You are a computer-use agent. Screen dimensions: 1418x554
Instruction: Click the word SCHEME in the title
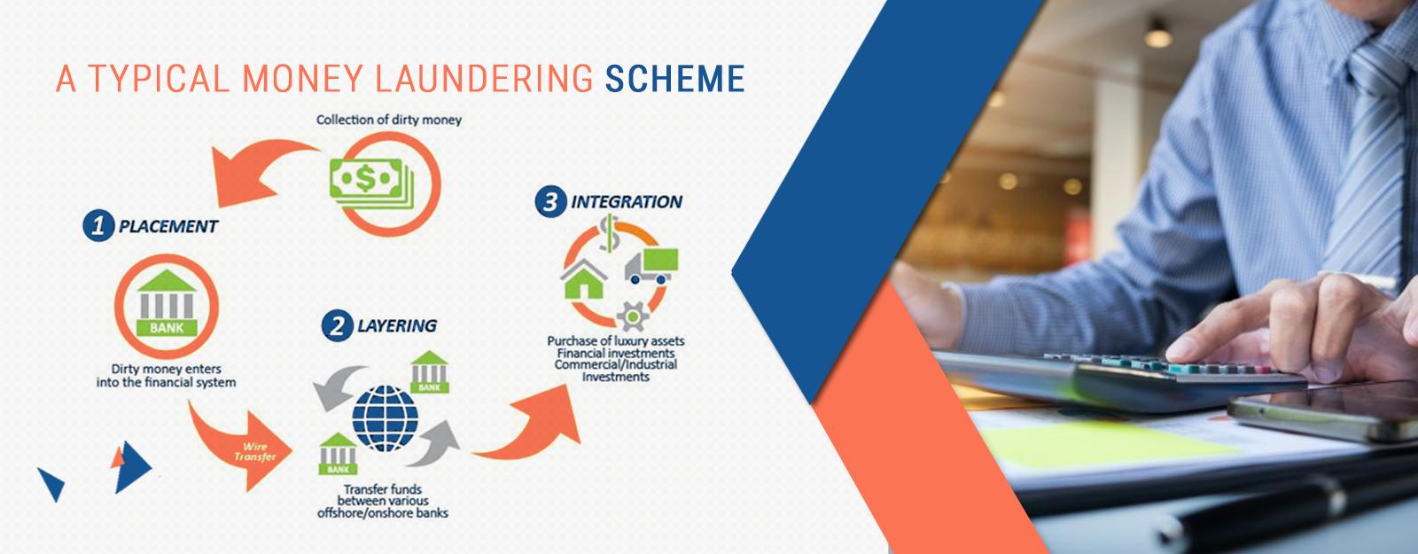[674, 79]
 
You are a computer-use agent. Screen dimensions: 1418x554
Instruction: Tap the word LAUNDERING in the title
[484, 79]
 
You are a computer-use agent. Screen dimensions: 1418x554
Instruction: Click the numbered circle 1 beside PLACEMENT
[98, 226]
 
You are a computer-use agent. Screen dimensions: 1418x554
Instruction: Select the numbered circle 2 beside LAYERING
[337, 326]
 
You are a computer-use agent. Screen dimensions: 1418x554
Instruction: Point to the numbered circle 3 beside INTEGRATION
[550, 202]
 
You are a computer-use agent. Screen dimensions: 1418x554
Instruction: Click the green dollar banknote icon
[371, 183]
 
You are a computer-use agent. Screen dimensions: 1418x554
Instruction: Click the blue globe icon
[385, 418]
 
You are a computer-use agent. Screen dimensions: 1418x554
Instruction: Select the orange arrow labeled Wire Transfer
[244, 449]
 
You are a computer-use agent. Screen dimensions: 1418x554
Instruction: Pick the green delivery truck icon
[651, 266]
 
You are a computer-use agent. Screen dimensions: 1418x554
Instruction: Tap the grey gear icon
[633, 316]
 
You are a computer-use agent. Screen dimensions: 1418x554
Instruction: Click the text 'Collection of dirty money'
[389, 120]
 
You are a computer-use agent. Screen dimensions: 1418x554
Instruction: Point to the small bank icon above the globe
[429, 372]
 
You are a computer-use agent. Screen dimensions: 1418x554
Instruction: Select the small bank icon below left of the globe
[338, 454]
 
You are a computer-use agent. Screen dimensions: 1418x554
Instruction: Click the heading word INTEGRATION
[627, 202]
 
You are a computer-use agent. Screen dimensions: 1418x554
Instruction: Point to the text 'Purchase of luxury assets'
[616, 340]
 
